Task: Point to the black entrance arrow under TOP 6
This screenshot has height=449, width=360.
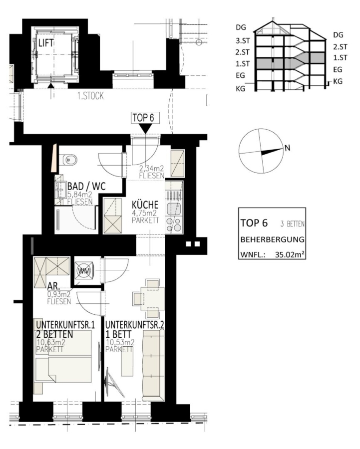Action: click(x=145, y=129)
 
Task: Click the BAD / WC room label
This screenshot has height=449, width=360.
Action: click(x=86, y=187)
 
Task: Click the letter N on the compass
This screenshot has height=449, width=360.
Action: click(x=287, y=148)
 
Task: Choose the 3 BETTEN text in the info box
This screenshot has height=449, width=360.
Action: click(x=293, y=224)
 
